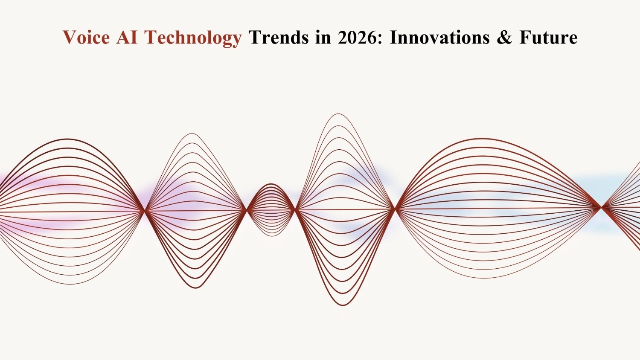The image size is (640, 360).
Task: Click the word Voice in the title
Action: pos(86,38)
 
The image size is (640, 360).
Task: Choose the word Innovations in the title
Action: pos(439,38)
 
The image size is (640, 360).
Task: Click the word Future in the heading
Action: pos(548,38)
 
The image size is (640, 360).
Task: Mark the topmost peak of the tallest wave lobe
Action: pos(338,114)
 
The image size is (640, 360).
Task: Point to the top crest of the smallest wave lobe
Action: pos(271,184)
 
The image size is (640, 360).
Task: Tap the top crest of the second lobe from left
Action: pos(192,134)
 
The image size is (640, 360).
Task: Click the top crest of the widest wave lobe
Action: pos(482,139)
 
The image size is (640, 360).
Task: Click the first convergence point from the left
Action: pos(145,210)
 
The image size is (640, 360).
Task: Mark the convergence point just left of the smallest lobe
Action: pos(247,210)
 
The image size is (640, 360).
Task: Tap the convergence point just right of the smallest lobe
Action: pos(296,209)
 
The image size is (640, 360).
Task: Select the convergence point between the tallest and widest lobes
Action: pos(396,209)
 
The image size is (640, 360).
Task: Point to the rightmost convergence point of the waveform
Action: pos(602,207)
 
